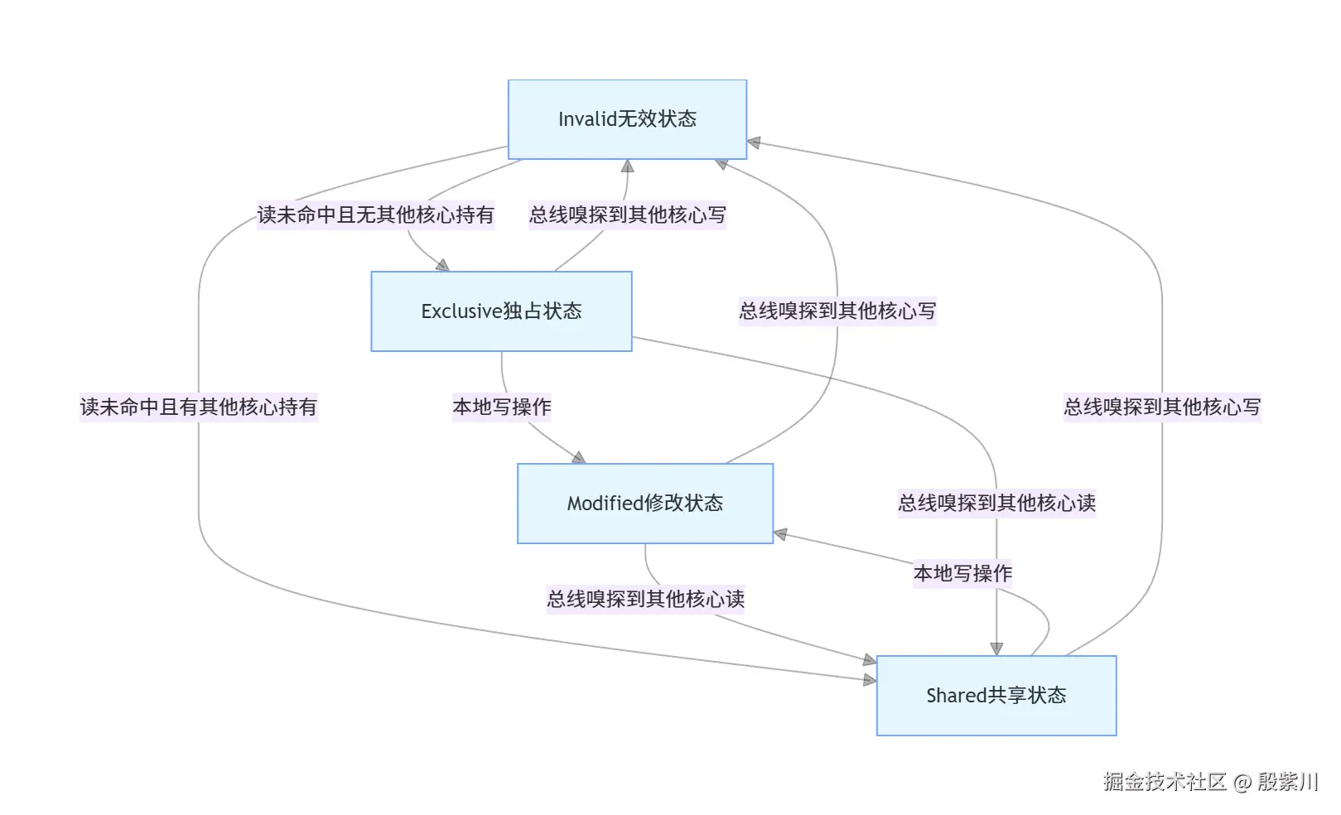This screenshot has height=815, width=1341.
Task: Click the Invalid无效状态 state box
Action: [627, 119]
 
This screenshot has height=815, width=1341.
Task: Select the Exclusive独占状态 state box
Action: [501, 311]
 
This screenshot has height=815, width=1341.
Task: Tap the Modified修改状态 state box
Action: [644, 504]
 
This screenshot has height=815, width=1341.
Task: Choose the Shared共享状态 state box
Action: [996, 696]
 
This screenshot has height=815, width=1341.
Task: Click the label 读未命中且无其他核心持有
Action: [375, 215]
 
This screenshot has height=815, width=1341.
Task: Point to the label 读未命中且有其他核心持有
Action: [198, 407]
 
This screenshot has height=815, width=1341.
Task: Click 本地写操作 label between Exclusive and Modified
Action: [501, 407]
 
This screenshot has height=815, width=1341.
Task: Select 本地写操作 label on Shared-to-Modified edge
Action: [962, 573]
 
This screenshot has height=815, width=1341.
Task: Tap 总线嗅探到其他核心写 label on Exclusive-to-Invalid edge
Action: [627, 215]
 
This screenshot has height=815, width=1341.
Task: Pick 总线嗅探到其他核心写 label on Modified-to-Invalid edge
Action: [837, 311]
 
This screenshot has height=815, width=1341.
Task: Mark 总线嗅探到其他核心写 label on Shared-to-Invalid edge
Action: [1161, 407]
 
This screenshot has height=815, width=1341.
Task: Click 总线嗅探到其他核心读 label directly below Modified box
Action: [645, 599]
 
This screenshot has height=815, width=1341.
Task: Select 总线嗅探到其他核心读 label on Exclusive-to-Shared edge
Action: [996, 503]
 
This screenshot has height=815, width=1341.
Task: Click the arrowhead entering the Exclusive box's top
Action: [443, 266]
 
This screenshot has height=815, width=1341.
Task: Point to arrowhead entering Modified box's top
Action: [579, 458]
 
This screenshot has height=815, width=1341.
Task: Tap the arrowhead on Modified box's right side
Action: [780, 534]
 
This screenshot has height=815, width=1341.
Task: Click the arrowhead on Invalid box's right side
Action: [754, 143]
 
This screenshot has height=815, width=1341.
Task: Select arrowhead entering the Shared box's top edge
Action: [996, 649]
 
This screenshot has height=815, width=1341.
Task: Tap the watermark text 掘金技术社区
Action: [1164, 782]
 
